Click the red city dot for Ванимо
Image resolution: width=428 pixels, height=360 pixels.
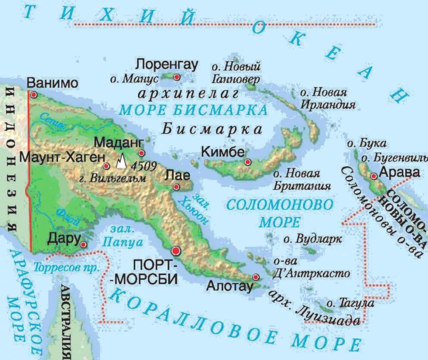point(34,95)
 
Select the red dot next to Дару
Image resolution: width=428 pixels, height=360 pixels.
point(83,245)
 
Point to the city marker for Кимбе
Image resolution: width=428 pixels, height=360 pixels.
point(248,162)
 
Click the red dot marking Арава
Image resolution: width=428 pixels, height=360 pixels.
point(374,176)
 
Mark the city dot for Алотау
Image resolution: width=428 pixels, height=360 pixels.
point(255,277)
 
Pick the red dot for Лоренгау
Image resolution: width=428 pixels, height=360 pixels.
point(177,77)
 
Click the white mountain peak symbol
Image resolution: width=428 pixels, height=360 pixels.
point(121,161)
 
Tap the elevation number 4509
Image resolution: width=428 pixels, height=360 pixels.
point(144,166)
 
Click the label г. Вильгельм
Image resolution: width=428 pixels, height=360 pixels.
point(113,178)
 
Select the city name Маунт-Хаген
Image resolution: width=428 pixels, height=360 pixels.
point(62,157)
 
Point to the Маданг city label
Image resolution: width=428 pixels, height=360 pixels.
point(119,143)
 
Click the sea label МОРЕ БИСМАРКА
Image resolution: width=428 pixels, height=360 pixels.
point(193,110)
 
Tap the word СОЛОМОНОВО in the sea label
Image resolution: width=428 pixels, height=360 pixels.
point(280,205)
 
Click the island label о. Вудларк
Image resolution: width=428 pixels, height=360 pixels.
point(312,239)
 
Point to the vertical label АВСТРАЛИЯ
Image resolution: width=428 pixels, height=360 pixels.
point(66,321)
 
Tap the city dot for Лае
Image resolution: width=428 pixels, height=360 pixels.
point(176,187)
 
